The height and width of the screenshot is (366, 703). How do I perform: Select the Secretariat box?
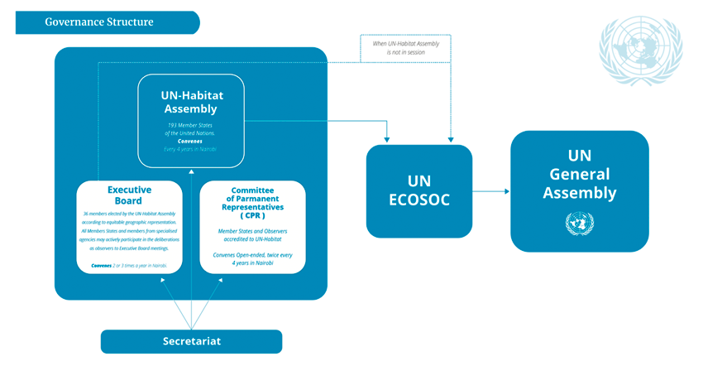pyautogui.click(x=191, y=341)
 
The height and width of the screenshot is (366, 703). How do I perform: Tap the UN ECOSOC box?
pyautogui.click(x=418, y=190)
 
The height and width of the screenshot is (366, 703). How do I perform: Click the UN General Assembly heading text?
pyautogui.click(x=579, y=175)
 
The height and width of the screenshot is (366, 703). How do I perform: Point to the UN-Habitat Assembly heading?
pyautogui.click(x=190, y=101)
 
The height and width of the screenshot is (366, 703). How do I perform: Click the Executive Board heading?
pyautogui.click(x=129, y=195)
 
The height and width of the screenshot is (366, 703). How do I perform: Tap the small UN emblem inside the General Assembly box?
pyautogui.click(x=579, y=223)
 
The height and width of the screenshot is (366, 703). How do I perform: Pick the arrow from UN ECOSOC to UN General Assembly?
pyautogui.click(x=491, y=191)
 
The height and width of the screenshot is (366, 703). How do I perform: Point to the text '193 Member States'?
pyautogui.click(x=190, y=125)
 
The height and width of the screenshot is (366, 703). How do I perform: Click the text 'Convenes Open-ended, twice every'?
pyautogui.click(x=252, y=253)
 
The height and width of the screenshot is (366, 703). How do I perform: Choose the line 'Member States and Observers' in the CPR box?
pyautogui.click(x=252, y=231)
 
